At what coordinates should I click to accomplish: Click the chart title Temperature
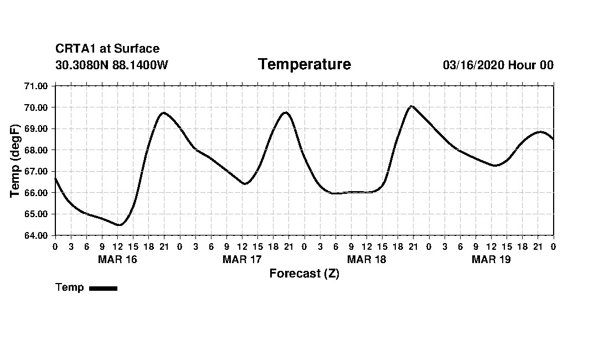304,65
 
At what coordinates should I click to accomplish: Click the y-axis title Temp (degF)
16,161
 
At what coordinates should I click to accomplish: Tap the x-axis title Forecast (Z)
304,274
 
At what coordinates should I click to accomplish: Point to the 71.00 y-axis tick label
37,86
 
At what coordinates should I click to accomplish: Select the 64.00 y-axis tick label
37,235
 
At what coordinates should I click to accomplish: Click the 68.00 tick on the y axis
37,150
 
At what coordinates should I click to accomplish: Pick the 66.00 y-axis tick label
37,193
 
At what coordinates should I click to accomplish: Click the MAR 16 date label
117,259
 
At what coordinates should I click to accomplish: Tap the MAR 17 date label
242,259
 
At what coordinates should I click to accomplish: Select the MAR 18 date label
367,259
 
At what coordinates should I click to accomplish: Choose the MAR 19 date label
491,259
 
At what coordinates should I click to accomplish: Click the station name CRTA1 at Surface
107,49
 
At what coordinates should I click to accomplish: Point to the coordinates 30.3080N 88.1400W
112,65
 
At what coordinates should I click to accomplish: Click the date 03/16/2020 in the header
473,65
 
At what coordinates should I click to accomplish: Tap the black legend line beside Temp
103,288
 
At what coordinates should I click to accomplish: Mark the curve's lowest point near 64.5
119,225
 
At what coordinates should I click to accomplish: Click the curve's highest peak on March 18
411,106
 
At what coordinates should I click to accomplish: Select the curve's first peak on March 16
163,112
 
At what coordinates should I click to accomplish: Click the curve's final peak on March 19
540,132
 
